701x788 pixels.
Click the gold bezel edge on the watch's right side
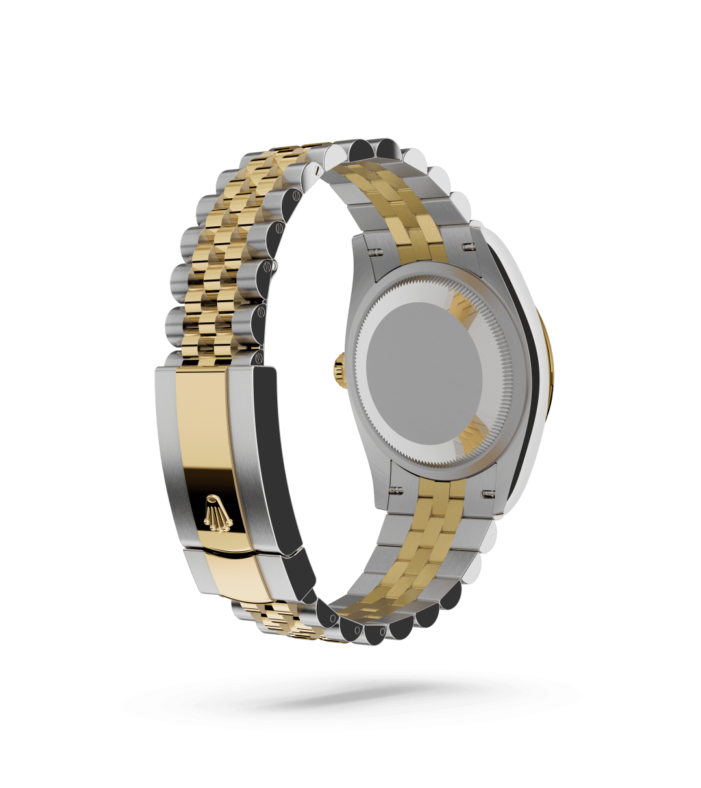[x=544, y=363]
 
